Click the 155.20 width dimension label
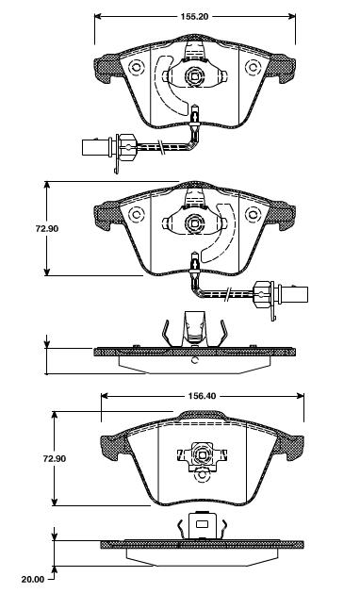point(194,17)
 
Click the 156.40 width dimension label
point(202,396)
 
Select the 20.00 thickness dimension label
point(33,579)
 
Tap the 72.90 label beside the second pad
point(47,229)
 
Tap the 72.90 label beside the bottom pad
point(54,458)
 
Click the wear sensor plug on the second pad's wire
point(294,294)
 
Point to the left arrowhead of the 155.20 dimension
point(98,16)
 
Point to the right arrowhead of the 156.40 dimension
point(301,396)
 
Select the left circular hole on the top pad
point(137,68)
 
